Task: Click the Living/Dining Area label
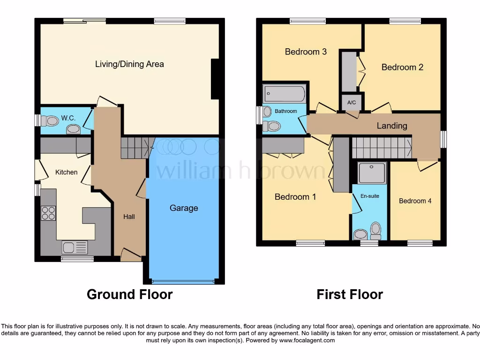(x=129, y=64)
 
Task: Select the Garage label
(x=184, y=208)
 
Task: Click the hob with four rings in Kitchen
(x=48, y=213)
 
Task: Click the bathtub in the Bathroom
(x=284, y=94)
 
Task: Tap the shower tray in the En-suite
(x=372, y=173)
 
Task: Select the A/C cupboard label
(x=351, y=103)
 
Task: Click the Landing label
(x=392, y=126)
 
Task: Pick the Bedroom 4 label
(x=415, y=201)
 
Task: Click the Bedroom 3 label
(x=306, y=52)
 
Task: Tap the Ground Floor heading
(x=130, y=294)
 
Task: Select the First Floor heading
(x=350, y=294)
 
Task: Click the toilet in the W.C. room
(x=50, y=121)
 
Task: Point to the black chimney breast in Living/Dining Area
(x=215, y=79)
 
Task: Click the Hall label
(x=129, y=217)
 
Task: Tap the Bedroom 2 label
(x=402, y=67)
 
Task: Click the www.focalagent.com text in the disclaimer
(x=308, y=340)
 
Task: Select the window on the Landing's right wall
(x=443, y=139)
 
